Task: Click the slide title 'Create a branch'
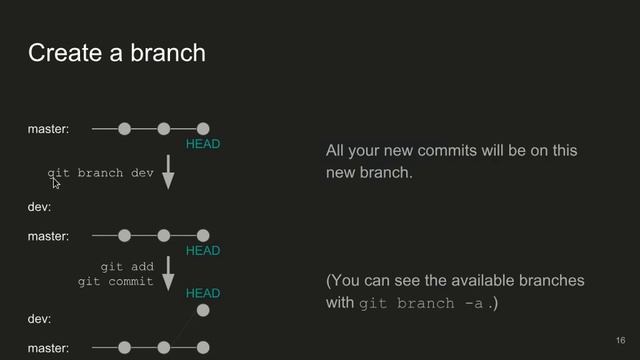(116, 52)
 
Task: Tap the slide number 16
(620, 340)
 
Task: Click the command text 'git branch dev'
(101, 173)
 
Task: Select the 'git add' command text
(127, 267)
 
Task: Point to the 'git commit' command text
(116, 282)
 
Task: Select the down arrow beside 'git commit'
(168, 273)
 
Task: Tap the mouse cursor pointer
(56, 182)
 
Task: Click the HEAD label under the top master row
(203, 145)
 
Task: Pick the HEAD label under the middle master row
(203, 251)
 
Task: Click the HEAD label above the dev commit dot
(203, 294)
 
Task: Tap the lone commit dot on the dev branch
(203, 311)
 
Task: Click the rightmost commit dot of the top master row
(203, 129)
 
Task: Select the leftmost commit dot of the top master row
(124, 129)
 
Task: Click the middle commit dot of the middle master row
(163, 236)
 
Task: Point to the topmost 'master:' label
(48, 129)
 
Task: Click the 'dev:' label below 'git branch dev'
(39, 207)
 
